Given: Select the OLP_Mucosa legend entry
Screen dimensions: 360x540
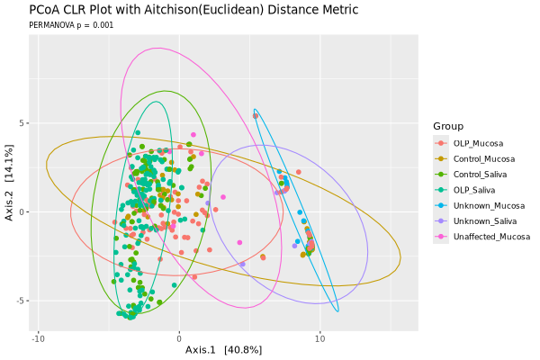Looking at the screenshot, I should pos(478,143).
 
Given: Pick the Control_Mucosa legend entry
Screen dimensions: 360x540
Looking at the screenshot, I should pos(483,158).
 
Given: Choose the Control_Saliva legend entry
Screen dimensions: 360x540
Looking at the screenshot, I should pos(481,174).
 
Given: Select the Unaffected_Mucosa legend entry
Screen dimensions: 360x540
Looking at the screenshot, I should pos(491,237).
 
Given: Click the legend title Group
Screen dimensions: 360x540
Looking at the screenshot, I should pos(447,125).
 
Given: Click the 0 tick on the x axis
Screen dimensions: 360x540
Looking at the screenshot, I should pos(179,337).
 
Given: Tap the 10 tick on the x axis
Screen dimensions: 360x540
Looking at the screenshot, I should pos(319,337).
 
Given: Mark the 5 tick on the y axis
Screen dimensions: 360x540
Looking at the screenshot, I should pos(25,123).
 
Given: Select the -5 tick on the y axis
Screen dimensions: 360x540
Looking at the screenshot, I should pos(23,301).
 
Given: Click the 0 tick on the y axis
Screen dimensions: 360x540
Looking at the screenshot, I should pos(25,212).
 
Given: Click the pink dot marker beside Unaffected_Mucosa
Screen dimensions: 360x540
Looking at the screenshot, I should pos(440,237).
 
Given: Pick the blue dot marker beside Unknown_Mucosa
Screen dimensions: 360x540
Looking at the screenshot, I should pos(440,205).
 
